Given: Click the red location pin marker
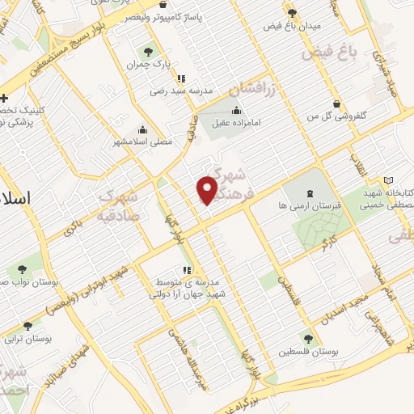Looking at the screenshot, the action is pos(207,189).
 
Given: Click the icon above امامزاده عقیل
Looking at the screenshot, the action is pos(236,111).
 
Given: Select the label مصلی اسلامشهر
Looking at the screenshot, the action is pos(146,141).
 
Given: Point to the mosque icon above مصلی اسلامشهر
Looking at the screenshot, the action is pos(143,129).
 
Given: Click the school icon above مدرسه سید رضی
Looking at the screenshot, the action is pos(182,78).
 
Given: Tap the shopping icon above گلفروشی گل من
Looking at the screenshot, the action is pos(336,103).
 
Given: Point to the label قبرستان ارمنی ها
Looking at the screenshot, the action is pos(311,206).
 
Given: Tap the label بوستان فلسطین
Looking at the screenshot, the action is pos(307,352).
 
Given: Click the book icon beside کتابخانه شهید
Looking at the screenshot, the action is pos(390,180).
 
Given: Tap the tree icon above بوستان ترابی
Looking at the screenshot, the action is pos(28,326).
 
